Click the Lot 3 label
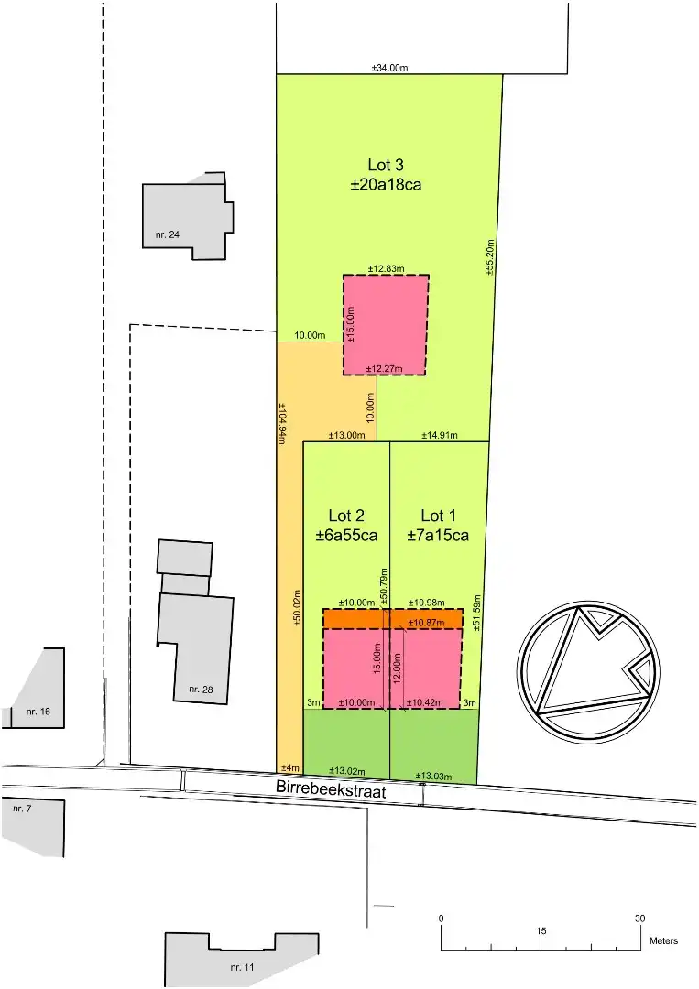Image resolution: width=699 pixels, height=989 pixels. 386,165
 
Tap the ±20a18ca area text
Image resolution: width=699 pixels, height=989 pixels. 386,184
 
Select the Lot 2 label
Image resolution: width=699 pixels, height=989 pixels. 347,516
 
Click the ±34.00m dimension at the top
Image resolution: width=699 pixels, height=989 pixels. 389,68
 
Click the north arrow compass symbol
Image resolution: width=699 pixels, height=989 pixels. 588,669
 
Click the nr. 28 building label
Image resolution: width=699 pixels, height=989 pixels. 201,689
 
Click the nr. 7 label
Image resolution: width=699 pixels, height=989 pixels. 22,810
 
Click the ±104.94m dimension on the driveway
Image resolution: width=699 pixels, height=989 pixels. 282,423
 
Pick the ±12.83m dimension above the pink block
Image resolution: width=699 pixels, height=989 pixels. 386,268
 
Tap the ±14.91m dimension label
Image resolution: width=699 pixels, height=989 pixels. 440,435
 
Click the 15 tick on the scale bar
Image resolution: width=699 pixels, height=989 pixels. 541,930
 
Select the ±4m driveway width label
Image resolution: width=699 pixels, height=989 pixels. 289,767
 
